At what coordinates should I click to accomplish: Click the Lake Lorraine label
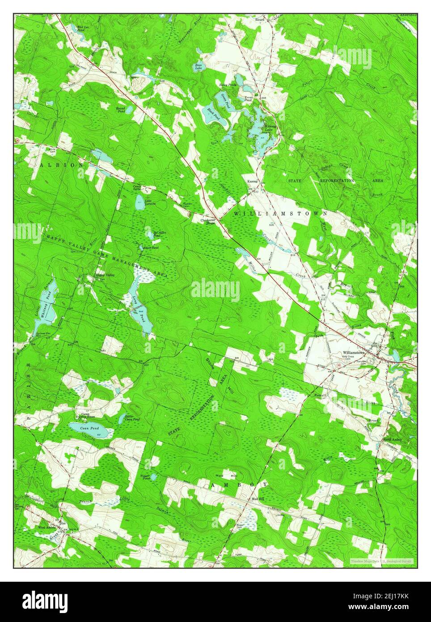click(x=150, y=202)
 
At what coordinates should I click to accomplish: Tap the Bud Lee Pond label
click(x=82, y=29)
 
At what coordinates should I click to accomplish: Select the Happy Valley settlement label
click(x=102, y=275)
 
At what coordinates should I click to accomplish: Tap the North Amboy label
click(x=392, y=440)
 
